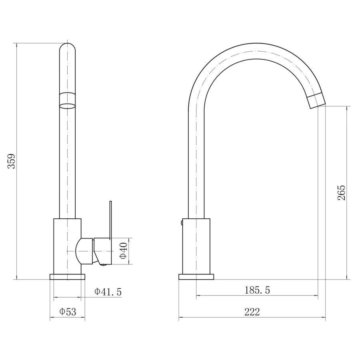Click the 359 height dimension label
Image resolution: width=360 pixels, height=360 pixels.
[x=12, y=161]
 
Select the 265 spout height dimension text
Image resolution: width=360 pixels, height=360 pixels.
[x=342, y=193]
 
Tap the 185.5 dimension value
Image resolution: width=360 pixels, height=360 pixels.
[x=257, y=290]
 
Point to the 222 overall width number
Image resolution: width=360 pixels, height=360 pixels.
[x=252, y=312]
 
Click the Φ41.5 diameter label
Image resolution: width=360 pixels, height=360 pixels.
[x=108, y=292]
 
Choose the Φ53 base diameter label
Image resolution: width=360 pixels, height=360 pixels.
[x=68, y=312]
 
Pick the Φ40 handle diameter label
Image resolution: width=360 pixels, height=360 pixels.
[x=124, y=250]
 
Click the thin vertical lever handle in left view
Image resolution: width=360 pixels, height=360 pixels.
[x=111, y=220]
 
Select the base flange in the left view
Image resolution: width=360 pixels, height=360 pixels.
[x=68, y=277]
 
